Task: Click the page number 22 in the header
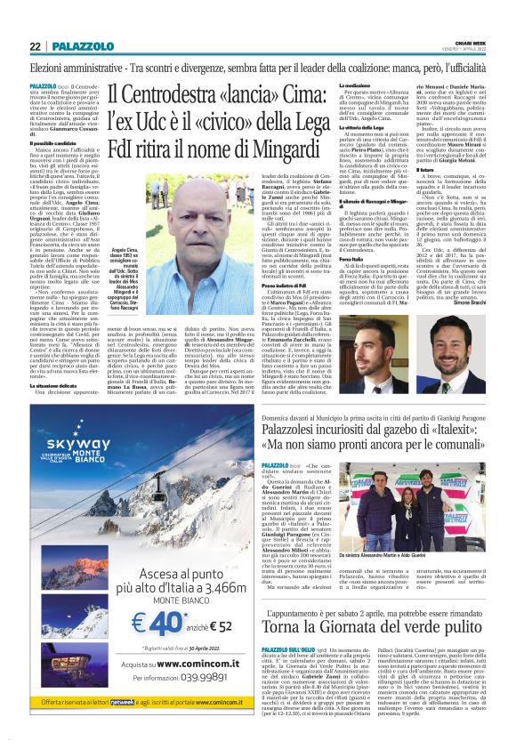click(x=35, y=45)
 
